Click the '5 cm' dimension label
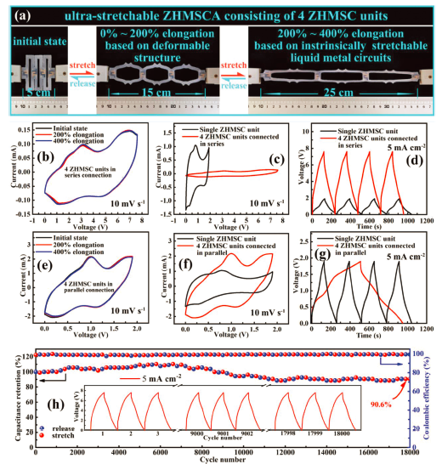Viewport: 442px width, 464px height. coord(32,88)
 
